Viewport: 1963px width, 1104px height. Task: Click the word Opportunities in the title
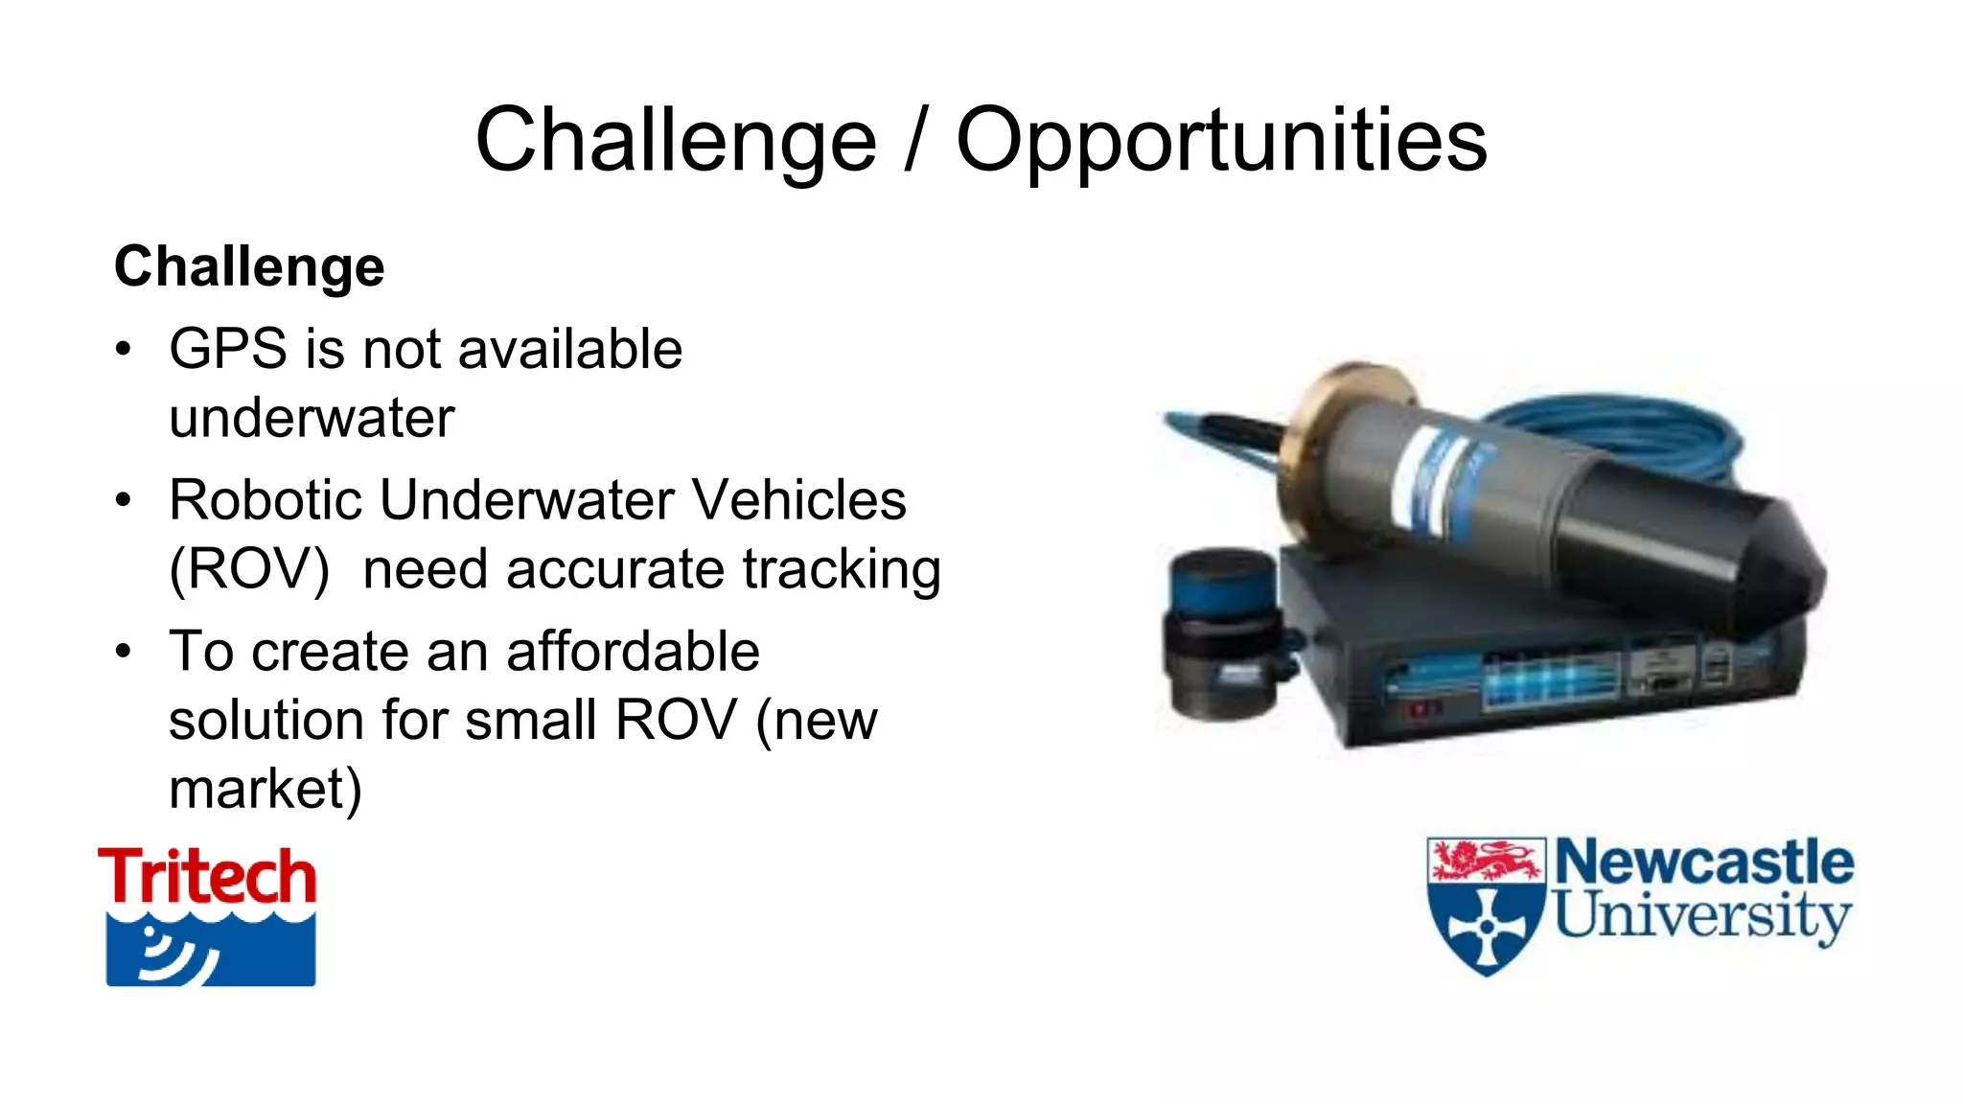(1221, 142)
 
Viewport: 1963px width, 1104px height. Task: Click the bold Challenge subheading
(249, 266)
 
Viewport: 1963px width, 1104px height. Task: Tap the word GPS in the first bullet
(228, 348)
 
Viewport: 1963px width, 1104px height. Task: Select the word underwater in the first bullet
(312, 418)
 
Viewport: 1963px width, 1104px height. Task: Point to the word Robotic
(268, 500)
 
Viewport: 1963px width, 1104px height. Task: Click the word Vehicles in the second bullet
(798, 500)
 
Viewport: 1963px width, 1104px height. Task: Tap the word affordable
(633, 652)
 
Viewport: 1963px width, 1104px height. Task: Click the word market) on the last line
(266, 790)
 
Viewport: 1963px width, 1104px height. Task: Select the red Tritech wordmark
(207, 876)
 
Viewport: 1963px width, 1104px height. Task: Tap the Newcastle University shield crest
(1486, 906)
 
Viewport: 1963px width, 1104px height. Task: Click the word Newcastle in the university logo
(1703, 862)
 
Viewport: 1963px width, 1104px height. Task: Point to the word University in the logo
(1701, 915)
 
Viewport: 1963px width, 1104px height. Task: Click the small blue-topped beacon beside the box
(1219, 632)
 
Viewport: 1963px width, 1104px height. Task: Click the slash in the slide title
(915, 142)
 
